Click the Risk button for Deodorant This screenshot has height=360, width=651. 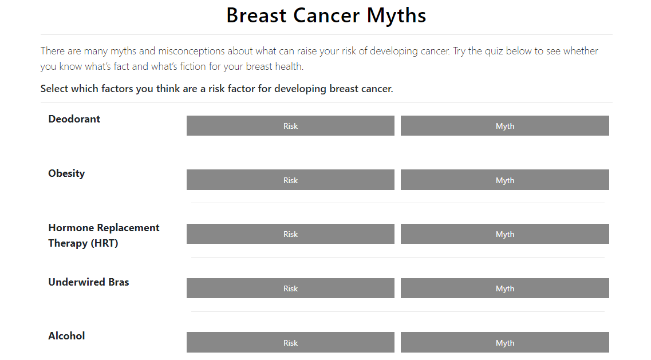[x=290, y=125]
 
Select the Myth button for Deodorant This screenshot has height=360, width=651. [x=505, y=125]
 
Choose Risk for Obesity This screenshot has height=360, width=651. [x=290, y=180]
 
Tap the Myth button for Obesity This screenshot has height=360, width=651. [x=505, y=180]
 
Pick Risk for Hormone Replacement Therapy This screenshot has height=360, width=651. [x=290, y=234]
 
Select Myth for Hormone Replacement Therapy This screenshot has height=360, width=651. [x=505, y=234]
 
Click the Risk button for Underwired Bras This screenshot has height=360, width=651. [x=290, y=288]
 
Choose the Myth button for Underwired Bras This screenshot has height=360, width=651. [x=505, y=288]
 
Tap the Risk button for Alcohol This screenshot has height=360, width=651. [x=290, y=343]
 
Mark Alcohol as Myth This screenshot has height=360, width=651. [x=505, y=343]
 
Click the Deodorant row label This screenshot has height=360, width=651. [x=74, y=119]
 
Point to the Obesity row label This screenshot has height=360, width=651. [x=66, y=173]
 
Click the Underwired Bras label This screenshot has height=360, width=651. [x=88, y=282]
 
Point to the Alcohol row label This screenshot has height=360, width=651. [x=66, y=336]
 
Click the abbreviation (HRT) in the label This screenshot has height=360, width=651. [x=104, y=243]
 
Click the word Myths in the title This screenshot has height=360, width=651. [x=396, y=16]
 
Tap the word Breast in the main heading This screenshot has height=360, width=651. [x=257, y=16]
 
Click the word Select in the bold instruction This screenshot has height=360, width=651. [x=54, y=89]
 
